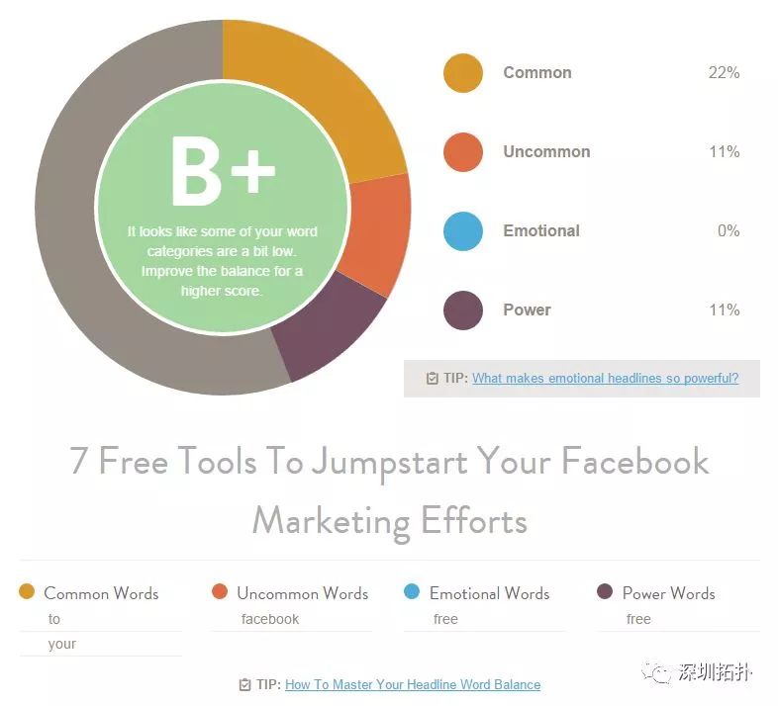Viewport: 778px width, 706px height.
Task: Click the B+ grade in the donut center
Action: (x=223, y=171)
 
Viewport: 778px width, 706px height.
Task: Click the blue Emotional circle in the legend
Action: (x=463, y=231)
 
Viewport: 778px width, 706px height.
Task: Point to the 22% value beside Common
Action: (x=724, y=73)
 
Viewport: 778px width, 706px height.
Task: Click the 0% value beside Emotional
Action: (x=729, y=231)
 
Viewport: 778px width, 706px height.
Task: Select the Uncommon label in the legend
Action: (x=546, y=151)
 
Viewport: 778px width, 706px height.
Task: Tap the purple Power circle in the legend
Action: (x=463, y=310)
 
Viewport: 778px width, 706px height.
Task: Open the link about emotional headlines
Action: (x=606, y=379)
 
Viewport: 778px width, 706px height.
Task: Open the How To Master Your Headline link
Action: (x=413, y=684)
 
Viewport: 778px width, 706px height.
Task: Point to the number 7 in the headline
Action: (x=78, y=460)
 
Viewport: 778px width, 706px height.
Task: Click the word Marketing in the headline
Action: (x=332, y=522)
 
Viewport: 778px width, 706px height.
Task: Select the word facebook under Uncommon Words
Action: (x=270, y=619)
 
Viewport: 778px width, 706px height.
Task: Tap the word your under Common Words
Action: (x=62, y=644)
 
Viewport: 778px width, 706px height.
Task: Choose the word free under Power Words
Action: (x=638, y=619)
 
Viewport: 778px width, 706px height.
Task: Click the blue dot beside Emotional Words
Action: (x=412, y=591)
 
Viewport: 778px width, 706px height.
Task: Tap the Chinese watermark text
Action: (x=715, y=672)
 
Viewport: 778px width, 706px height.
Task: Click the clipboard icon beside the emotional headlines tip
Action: (x=433, y=379)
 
